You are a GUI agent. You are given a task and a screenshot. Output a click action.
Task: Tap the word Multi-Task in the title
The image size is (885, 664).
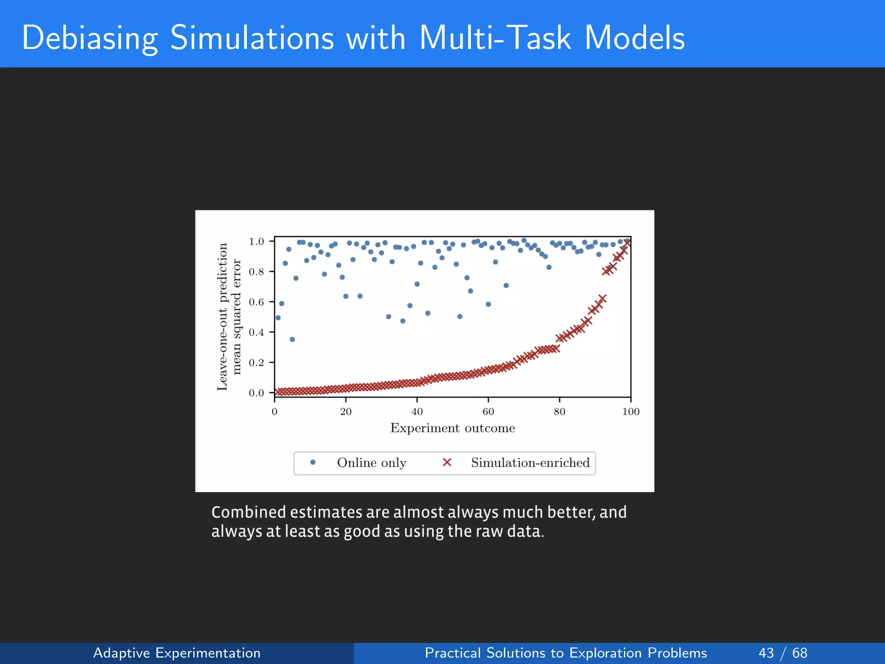[495, 38]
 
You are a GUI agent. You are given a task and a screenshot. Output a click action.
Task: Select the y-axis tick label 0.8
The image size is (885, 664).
[256, 272]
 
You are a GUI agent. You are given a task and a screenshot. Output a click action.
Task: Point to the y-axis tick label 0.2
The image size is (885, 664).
[256, 363]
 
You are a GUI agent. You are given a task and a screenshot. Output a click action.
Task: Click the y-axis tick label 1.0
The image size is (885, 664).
[256, 242]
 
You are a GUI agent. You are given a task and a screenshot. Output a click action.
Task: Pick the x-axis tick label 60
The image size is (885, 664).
[488, 412]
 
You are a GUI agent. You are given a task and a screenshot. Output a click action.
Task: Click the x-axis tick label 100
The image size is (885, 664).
[630, 412]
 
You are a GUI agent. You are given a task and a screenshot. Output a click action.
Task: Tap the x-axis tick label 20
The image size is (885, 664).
[346, 412]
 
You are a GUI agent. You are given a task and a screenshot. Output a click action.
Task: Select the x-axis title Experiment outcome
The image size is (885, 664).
[452, 428]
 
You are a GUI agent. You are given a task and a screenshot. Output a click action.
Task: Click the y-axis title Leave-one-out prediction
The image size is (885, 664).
[222, 316]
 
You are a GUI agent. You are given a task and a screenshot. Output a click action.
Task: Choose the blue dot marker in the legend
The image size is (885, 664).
[313, 463]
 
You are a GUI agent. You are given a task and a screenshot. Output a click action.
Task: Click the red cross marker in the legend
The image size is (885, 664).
[447, 463]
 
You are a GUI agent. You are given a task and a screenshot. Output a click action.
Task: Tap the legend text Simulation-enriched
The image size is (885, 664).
[530, 463]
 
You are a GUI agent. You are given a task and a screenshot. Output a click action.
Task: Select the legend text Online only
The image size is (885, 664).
[372, 463]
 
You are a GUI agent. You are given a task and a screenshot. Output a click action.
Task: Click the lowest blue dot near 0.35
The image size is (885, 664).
[292, 339]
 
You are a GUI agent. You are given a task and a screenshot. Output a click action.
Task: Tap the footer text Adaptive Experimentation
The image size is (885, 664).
[177, 653]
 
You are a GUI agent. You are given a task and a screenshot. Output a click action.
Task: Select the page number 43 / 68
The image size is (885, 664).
[783, 653]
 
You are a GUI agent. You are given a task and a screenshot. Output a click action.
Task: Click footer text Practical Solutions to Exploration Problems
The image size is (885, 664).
[566, 653]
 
